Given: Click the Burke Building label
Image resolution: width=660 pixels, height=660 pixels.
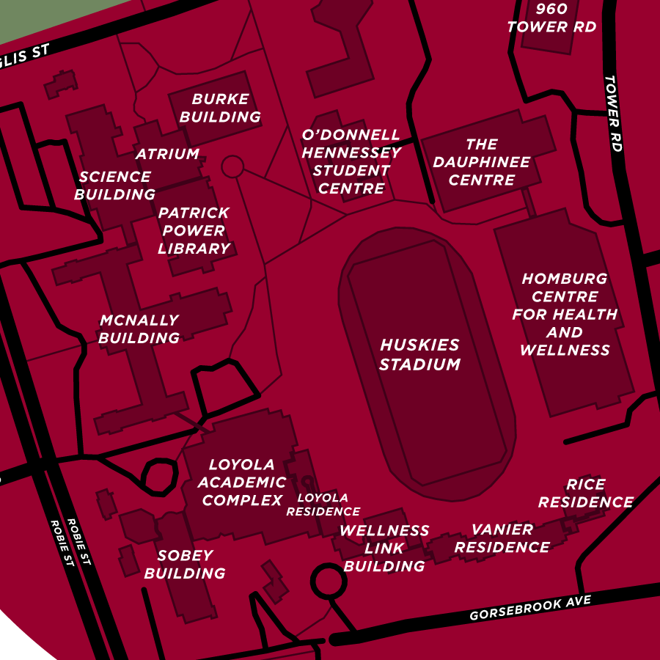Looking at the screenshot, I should (x=220, y=108).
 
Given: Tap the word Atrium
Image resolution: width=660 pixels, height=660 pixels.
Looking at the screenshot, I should (x=167, y=154).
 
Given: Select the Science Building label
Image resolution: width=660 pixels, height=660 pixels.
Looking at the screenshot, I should (x=115, y=186).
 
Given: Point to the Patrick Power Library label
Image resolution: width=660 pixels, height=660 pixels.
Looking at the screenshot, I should (x=194, y=230).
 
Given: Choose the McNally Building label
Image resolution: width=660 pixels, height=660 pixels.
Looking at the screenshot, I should (x=139, y=329).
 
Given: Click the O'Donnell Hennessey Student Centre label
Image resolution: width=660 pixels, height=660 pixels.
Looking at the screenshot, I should (x=351, y=162).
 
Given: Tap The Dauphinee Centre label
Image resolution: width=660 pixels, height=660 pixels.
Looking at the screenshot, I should (x=481, y=162).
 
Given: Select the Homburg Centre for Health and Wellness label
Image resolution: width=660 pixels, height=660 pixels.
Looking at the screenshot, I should (x=565, y=315).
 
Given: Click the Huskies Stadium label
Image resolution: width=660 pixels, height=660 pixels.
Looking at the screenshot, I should (x=419, y=354).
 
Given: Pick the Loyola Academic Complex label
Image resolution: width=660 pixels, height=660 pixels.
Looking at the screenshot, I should (x=242, y=483).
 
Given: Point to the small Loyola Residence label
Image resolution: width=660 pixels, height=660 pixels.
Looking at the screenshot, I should (x=323, y=505).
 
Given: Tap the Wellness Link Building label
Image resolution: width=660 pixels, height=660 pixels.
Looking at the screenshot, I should (x=384, y=548).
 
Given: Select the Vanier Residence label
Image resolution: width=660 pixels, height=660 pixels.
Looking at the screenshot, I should (x=502, y=538).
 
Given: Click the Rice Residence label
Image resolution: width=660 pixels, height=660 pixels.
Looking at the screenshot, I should (x=585, y=494).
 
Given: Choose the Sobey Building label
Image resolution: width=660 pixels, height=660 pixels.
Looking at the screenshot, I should (x=185, y=565).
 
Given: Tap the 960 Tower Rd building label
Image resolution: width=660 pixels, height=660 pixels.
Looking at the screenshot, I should (x=551, y=18).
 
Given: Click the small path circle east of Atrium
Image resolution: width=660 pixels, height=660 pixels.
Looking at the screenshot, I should (x=232, y=166).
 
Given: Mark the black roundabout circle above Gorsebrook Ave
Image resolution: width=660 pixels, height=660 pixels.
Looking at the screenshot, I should (x=329, y=582).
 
